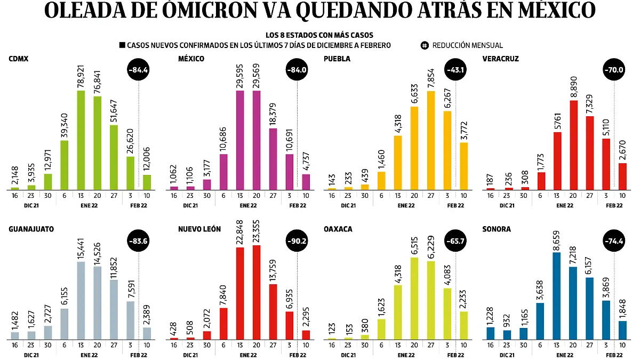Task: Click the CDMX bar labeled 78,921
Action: pos(81,140)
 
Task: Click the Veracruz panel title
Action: pos(499,59)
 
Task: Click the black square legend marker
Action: pos(122,45)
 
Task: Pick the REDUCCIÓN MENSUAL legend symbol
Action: pos(425,45)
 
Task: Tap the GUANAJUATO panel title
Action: pos(31,229)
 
